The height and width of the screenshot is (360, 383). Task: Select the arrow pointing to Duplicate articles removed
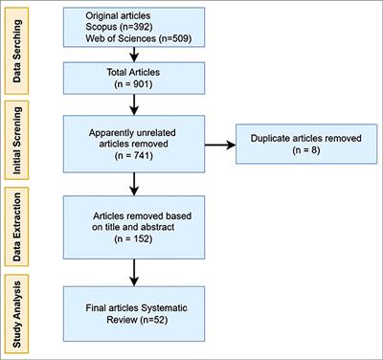[x=211, y=146]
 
